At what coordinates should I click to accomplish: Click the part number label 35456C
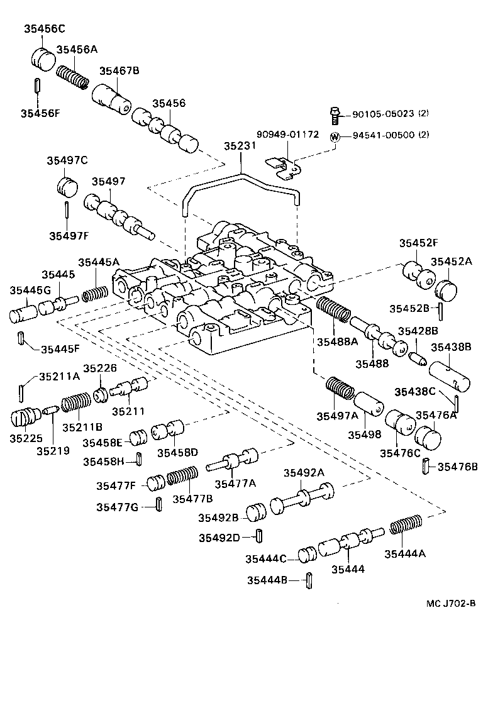[45, 28]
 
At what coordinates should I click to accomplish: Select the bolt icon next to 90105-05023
[335, 114]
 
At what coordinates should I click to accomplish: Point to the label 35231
[240, 146]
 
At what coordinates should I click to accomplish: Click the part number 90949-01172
[287, 135]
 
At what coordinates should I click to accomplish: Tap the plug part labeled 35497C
[66, 186]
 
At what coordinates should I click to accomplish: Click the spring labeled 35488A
[333, 311]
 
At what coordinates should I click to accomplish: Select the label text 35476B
[457, 467]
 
